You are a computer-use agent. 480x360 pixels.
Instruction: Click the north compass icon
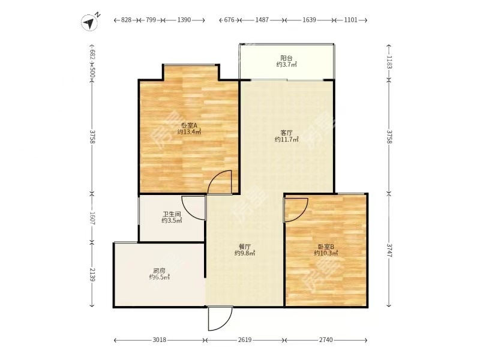(x=90, y=22)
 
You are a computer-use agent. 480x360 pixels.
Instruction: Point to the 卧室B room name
(x=326, y=246)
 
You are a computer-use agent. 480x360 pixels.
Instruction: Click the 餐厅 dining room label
(x=245, y=246)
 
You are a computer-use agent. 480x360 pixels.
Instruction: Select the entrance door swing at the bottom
(x=220, y=318)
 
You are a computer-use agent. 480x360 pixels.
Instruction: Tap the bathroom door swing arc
(x=193, y=208)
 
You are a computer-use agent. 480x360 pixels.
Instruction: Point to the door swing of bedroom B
(x=297, y=208)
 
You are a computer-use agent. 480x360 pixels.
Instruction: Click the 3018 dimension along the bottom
(x=159, y=340)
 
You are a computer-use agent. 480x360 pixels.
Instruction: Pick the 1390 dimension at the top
(x=184, y=20)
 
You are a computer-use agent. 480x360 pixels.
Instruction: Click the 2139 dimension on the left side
(x=92, y=275)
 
